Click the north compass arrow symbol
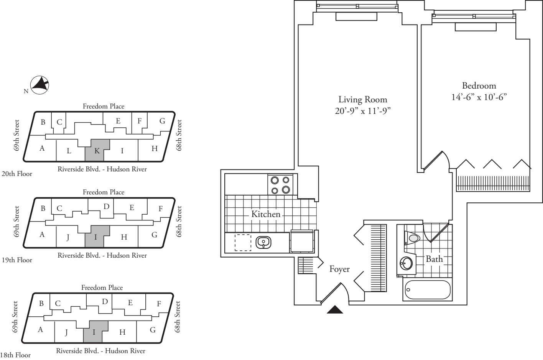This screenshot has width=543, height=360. [x=39, y=85]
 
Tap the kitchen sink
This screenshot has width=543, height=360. [x=263, y=242]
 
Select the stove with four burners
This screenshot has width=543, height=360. [x=280, y=184]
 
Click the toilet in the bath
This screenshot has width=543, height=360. [x=413, y=238]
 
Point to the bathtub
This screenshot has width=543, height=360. [x=427, y=291]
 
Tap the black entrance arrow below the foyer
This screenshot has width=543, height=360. [x=335, y=310]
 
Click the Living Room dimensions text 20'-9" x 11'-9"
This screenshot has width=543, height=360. [x=363, y=111]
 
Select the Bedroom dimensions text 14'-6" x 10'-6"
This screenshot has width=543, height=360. [x=479, y=97]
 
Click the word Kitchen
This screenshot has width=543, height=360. [x=266, y=214]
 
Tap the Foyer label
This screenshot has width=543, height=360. [x=339, y=269]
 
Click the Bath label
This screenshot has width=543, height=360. [x=434, y=259]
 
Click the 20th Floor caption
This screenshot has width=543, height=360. [x=17, y=174]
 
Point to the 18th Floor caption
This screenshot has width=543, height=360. [x=15, y=355]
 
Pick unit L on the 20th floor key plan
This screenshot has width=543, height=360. [x=69, y=151]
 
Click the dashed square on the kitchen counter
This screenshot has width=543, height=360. [x=242, y=243]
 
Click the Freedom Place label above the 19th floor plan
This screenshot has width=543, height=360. [x=104, y=192]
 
